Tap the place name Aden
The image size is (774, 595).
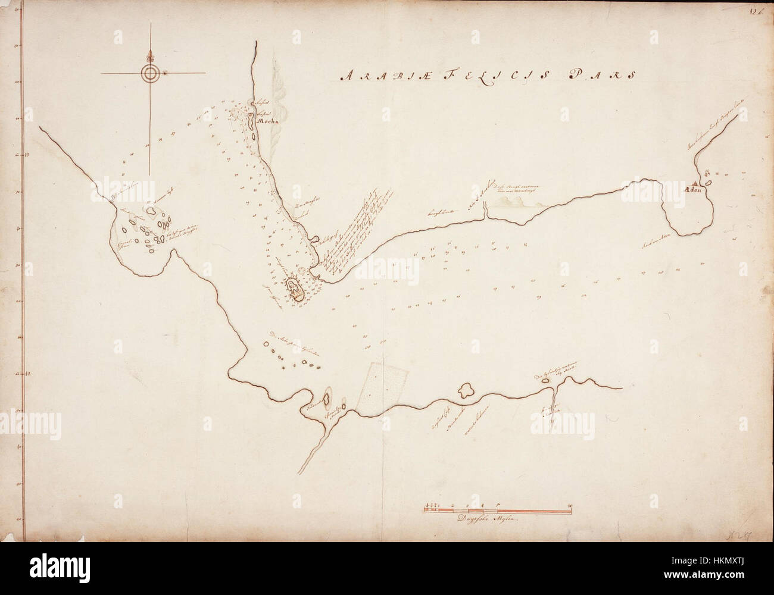[695, 191]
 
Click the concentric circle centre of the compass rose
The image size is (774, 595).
[150, 73]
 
